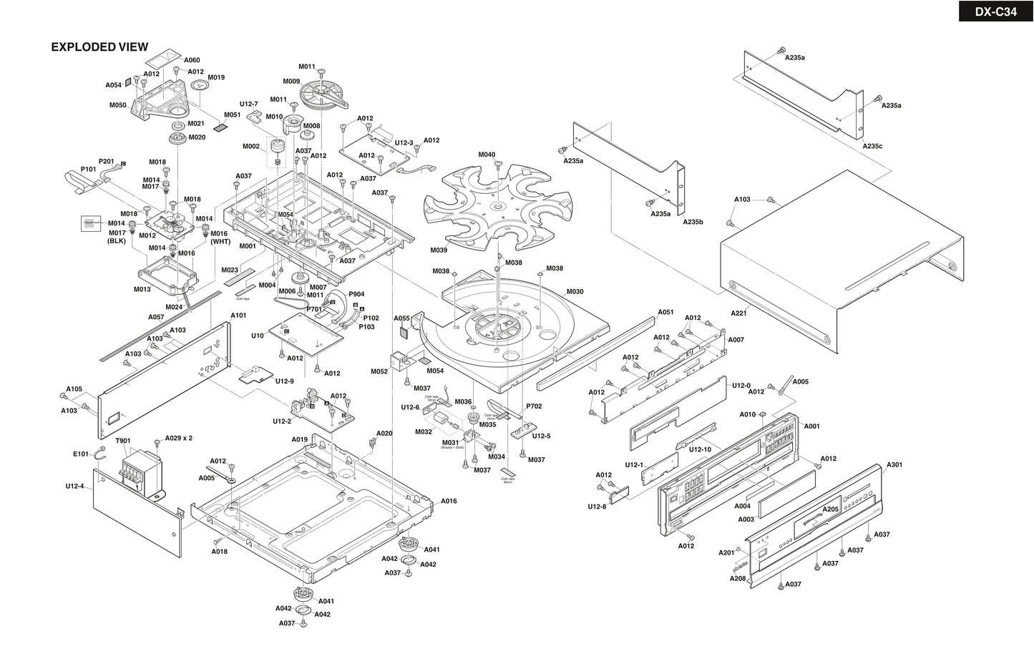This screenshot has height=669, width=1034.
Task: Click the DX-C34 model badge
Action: [x=995, y=11]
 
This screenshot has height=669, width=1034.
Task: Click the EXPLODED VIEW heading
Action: [x=99, y=47]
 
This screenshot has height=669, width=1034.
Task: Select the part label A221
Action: [x=738, y=313]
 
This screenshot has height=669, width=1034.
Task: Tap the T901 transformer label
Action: [x=123, y=441]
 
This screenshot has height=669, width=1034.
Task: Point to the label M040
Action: [x=487, y=155]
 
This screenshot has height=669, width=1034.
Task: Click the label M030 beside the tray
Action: [x=575, y=291]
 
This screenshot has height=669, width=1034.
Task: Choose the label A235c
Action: [x=872, y=146]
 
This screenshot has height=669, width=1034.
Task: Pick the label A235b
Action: [x=693, y=222]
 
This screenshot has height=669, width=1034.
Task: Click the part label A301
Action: [x=894, y=464]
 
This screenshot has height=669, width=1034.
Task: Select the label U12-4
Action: [x=74, y=487]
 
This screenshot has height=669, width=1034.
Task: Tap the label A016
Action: [x=449, y=501]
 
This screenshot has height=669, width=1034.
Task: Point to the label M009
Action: [x=291, y=81]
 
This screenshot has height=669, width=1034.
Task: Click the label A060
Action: [x=192, y=60]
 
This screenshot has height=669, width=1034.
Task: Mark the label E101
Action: [x=80, y=454]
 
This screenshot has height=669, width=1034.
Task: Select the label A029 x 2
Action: [x=178, y=438]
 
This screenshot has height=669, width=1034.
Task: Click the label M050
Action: [x=118, y=105]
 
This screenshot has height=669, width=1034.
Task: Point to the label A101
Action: [x=238, y=315]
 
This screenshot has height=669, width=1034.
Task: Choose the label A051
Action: [x=665, y=312]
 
